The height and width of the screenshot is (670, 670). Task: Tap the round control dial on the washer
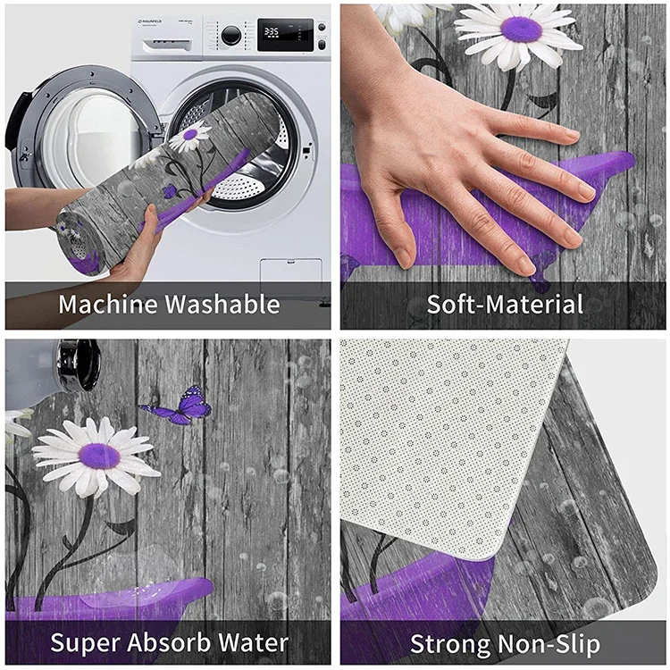pos(231,35)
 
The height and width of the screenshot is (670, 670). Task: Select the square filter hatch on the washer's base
pos(290,272)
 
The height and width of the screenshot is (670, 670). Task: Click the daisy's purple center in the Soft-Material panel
pos(521,29)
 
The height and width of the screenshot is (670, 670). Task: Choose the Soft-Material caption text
pos(505,304)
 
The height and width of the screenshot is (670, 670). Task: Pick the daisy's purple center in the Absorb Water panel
pos(99,456)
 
